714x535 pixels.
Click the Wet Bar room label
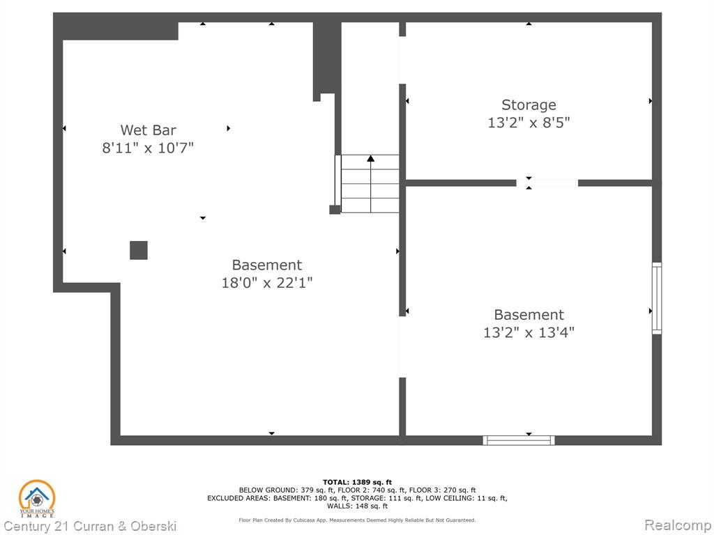tap(148, 130)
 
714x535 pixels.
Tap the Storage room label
tap(529, 105)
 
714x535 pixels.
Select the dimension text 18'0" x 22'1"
tap(267, 283)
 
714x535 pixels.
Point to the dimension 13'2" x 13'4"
tap(529, 332)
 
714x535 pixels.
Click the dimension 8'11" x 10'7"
tap(148, 148)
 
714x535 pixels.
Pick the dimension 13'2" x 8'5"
tap(529, 123)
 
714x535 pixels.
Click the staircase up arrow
tap(371, 184)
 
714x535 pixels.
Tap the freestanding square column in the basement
tap(139, 250)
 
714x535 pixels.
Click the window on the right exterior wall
tap(657, 298)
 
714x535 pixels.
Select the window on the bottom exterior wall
tap(519, 440)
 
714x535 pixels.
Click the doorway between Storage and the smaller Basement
tap(547, 183)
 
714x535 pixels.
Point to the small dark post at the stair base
tap(335, 209)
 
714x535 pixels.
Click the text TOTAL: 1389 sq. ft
tap(357, 482)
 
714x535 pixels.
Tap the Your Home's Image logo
tap(36, 499)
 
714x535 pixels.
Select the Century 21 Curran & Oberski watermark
tap(90, 527)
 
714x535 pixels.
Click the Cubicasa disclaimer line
tap(357, 520)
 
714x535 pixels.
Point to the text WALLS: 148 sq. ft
tap(357, 506)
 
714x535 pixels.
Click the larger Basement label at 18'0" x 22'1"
tap(267, 265)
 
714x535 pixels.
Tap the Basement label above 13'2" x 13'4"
tap(529, 315)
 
